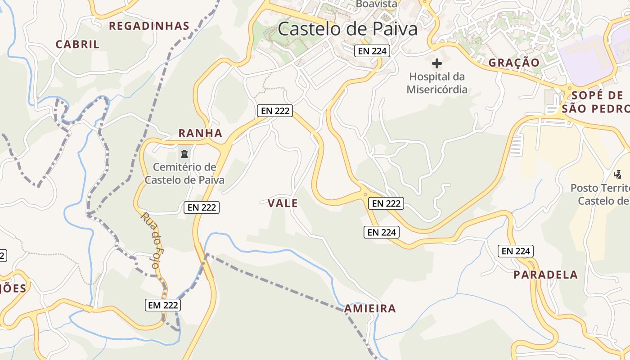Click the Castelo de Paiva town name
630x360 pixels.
(x=347, y=29)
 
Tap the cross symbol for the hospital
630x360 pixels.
(x=436, y=63)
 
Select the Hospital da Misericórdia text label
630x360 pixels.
(x=437, y=83)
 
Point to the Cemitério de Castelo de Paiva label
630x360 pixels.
(x=184, y=174)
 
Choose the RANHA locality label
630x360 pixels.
(x=200, y=133)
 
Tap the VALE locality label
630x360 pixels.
(x=283, y=203)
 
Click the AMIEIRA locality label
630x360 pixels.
(x=370, y=309)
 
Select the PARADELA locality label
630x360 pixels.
(x=546, y=274)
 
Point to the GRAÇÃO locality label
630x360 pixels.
(x=514, y=63)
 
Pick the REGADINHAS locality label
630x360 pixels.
(x=149, y=26)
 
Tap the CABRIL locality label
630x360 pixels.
(x=77, y=45)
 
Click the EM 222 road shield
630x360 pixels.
(x=163, y=305)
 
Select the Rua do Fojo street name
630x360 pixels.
(x=150, y=241)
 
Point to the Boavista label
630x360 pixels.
(x=377, y=4)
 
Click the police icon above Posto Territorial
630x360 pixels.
(x=618, y=174)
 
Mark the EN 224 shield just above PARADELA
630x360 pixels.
(x=516, y=251)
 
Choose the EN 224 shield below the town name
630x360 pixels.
(x=371, y=51)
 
